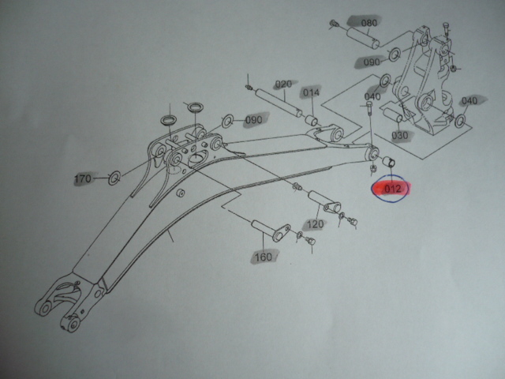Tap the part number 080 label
click(368, 23)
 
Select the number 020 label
click(283, 84)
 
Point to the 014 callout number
click(311, 92)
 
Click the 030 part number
click(400, 135)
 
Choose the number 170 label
click(84, 179)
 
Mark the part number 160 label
click(263, 256)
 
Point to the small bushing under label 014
click(311, 120)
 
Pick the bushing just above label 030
click(394, 118)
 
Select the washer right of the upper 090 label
click(395, 54)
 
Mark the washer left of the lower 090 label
click(227, 121)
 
